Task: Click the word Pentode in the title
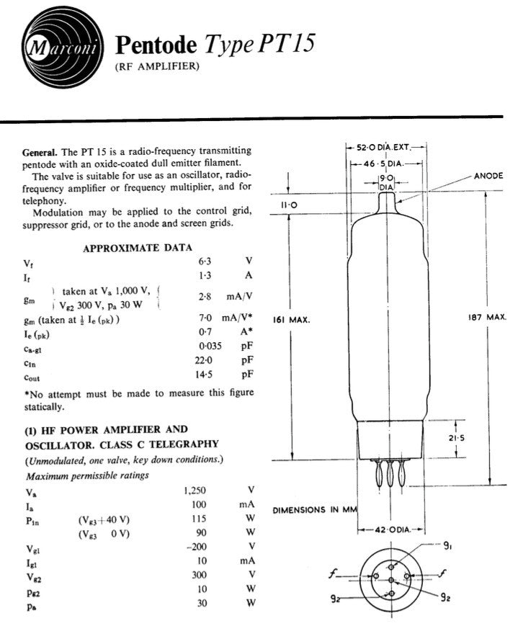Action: pos(156,46)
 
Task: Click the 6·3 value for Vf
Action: pos(205,262)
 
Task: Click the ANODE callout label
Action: pos(488,176)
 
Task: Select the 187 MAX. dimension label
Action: pos(491,318)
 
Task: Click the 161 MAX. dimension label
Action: pos(291,321)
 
